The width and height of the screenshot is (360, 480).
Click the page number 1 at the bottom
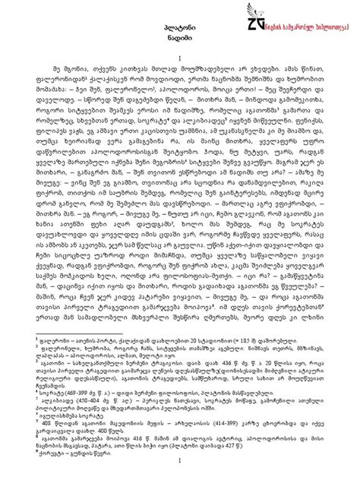click(179, 462)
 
